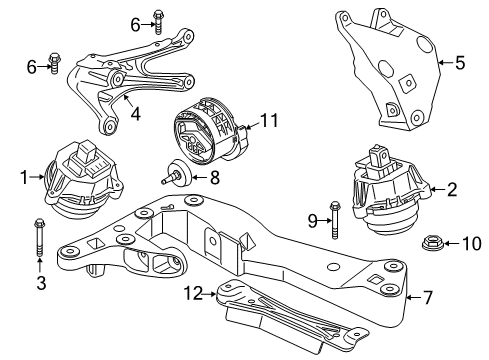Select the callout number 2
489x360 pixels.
coord(452,188)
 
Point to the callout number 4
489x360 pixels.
coord(134,114)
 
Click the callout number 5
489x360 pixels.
coord(459,63)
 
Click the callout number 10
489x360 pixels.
coord(449,243)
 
